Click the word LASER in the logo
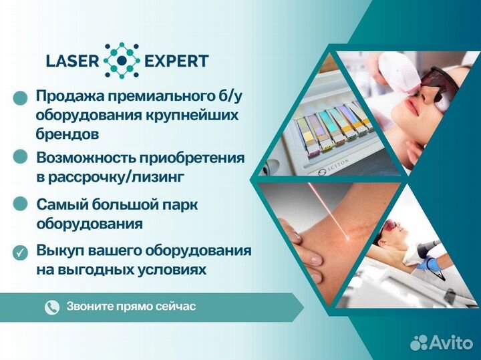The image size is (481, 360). (71, 61)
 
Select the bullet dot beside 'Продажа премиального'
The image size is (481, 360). (21, 98)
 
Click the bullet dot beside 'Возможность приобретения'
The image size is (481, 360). (21, 158)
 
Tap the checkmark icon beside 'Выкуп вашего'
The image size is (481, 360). (21, 252)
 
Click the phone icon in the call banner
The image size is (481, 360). (51, 307)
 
